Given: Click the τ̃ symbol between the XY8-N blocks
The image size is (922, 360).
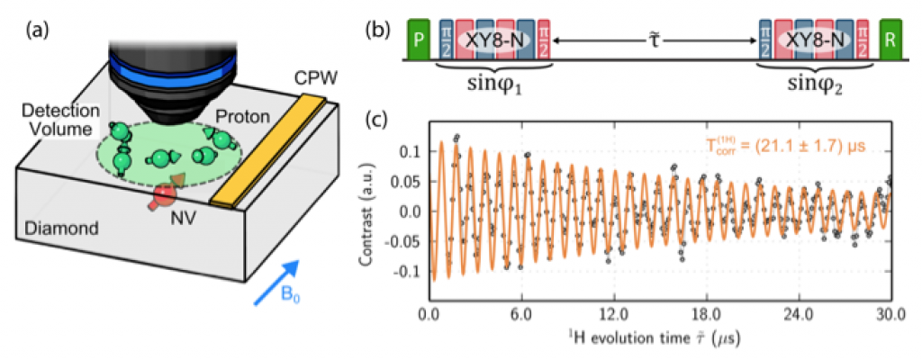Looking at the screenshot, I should [655, 42].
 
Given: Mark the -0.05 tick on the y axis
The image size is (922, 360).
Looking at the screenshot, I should [402, 242].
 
